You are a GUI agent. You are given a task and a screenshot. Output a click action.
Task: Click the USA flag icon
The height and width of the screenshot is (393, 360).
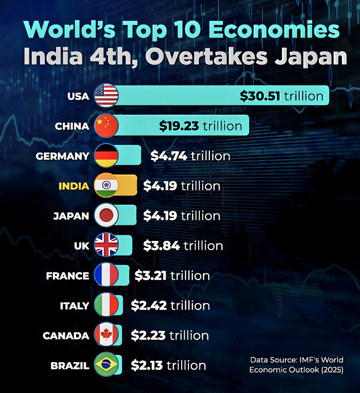tap(106, 96)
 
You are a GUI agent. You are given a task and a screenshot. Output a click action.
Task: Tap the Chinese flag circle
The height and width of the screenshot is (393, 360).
tap(106, 126)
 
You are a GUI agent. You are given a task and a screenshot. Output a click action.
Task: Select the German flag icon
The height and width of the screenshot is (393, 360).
tap(106, 156)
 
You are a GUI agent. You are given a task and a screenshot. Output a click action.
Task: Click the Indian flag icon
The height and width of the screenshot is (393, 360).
tap(106, 186)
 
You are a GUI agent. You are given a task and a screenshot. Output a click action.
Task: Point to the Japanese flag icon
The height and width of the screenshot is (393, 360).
tap(106, 216)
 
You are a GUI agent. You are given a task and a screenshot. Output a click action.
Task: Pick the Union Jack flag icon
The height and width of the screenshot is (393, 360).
tap(106, 246)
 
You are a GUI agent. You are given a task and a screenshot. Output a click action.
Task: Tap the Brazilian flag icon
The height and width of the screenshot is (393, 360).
tap(106, 365)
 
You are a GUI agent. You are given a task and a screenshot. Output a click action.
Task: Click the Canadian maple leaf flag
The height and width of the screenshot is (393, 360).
tap(106, 335)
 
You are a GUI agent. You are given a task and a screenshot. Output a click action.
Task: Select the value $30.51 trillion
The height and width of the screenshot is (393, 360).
tap(281, 96)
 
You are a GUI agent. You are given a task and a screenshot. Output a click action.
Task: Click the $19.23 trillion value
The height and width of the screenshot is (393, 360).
tap(200, 126)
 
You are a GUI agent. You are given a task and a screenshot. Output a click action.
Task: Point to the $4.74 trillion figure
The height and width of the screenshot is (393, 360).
tap(190, 156)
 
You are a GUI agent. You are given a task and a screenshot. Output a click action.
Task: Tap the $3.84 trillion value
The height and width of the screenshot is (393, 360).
tap(183, 246)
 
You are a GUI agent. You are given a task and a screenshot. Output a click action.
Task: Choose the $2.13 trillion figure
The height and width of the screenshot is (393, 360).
tap(168, 365)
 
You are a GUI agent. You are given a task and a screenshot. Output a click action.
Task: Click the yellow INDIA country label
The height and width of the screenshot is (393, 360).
tap(74, 186)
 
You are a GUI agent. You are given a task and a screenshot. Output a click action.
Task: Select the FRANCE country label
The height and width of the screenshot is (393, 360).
tap(67, 276)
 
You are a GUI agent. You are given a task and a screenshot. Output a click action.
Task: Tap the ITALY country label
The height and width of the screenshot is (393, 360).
tap(75, 306)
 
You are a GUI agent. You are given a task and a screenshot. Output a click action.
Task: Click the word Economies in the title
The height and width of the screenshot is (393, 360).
tap(274, 30)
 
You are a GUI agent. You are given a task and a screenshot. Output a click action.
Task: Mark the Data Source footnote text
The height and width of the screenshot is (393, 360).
tap(296, 365)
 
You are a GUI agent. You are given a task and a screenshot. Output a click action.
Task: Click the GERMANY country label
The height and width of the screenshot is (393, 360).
tap(62, 156)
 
